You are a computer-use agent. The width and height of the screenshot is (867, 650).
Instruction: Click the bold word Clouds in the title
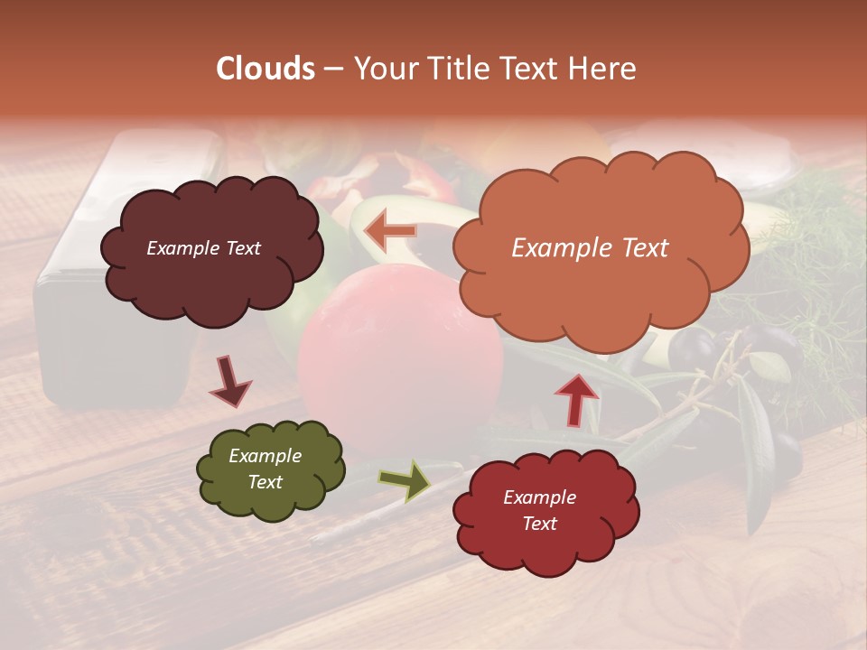(266, 69)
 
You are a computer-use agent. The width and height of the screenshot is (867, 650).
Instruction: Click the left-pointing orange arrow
(390, 232)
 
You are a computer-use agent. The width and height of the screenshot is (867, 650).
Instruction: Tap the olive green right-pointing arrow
(405, 480)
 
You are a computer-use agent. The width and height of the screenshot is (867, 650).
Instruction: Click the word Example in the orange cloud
(554, 248)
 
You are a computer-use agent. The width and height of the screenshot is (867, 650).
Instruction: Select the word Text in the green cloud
(266, 482)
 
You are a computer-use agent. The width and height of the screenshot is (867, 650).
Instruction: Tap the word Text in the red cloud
(539, 524)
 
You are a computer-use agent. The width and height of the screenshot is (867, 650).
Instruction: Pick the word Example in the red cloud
(539, 497)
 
